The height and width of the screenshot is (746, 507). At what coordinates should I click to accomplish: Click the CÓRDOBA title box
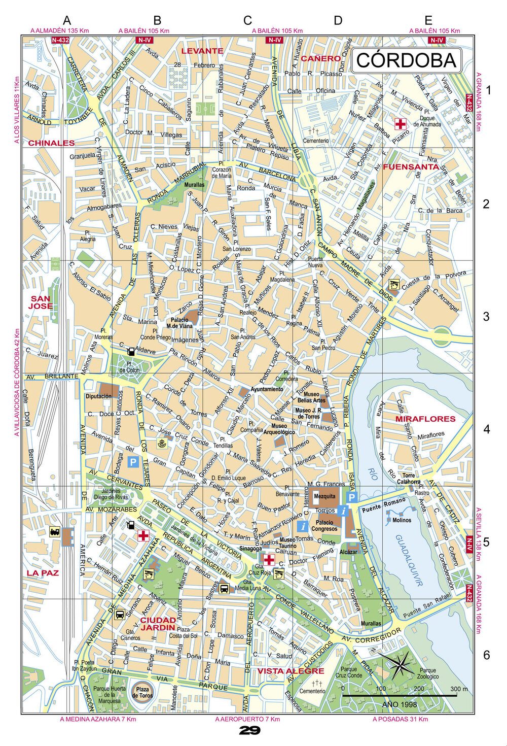[406, 60]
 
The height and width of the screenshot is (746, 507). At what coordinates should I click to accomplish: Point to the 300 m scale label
[459, 689]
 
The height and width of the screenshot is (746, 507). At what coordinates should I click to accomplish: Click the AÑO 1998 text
[400, 704]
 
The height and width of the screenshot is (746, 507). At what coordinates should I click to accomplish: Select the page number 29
[249, 731]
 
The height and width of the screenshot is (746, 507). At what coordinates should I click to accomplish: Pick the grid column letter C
[247, 20]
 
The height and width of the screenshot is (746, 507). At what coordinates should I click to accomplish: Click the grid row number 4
[487, 429]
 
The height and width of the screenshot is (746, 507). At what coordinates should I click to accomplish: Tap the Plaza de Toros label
[142, 692]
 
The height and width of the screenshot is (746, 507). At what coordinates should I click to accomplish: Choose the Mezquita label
[324, 496]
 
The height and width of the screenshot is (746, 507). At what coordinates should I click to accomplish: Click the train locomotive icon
[55, 532]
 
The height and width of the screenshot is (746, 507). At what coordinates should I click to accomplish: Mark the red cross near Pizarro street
[401, 124]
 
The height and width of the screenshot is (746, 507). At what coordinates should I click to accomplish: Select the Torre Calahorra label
[408, 479]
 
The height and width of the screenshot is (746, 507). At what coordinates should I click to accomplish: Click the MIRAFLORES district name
[425, 419]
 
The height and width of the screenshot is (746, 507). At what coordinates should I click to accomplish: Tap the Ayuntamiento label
[267, 389]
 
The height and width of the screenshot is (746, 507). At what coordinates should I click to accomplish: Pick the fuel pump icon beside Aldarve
[131, 351]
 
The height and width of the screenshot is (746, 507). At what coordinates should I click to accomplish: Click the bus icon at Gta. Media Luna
[224, 588]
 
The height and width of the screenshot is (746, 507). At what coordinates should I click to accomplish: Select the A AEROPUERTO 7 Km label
[247, 719]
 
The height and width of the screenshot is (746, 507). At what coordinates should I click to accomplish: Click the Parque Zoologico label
[428, 673]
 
